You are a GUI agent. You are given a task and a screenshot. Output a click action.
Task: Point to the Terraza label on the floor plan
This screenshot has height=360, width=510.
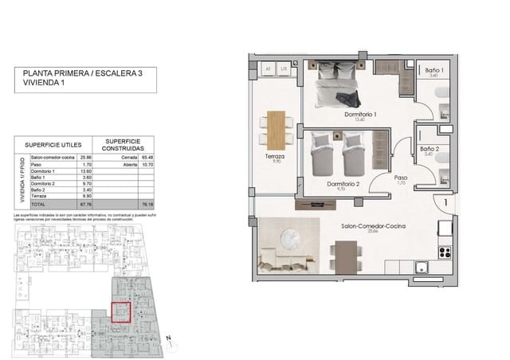(x=276, y=157)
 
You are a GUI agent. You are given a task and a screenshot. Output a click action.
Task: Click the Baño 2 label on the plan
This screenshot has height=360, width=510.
(x=429, y=149)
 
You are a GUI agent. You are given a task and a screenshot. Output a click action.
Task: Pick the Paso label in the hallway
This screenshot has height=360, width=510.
(x=400, y=178)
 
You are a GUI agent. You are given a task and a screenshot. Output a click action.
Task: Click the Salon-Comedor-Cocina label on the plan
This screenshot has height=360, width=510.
(x=373, y=227)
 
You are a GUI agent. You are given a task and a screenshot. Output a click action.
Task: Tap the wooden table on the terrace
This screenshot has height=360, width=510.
(x=276, y=127)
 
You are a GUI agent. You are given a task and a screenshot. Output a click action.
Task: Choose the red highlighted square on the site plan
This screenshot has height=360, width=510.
(x=120, y=311)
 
